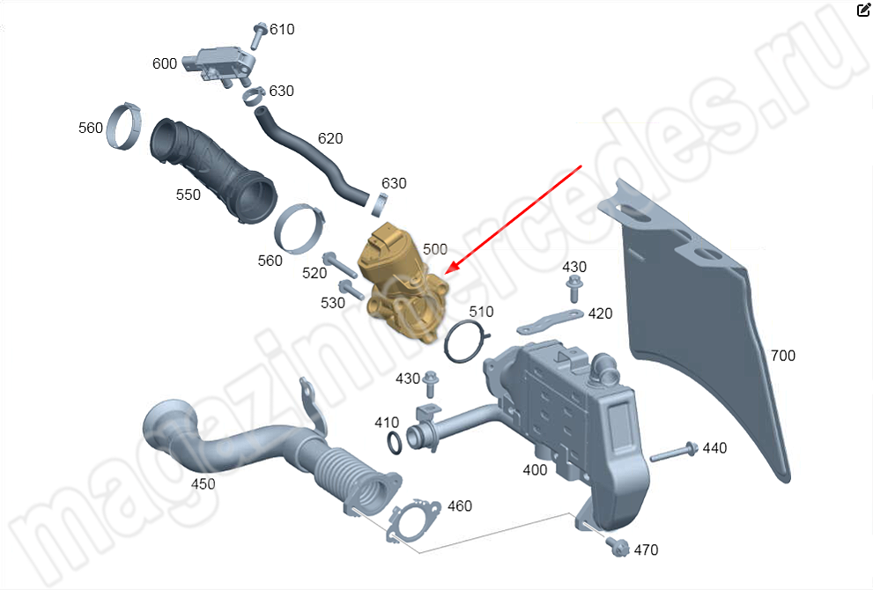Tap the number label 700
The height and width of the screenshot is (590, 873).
[x=782, y=356]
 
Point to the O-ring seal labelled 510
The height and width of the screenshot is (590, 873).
[x=466, y=341]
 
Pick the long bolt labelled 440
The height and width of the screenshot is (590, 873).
[x=673, y=454]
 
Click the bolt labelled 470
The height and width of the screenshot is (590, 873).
[x=618, y=547]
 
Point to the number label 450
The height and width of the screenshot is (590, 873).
[x=203, y=483]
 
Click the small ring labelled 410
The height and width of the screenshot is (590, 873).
[x=396, y=443]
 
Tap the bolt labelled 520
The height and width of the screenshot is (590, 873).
[x=339, y=262]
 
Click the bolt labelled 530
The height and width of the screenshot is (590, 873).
[x=350, y=290]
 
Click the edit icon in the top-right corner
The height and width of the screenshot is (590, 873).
[x=862, y=11]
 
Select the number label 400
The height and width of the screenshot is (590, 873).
[x=535, y=469]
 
